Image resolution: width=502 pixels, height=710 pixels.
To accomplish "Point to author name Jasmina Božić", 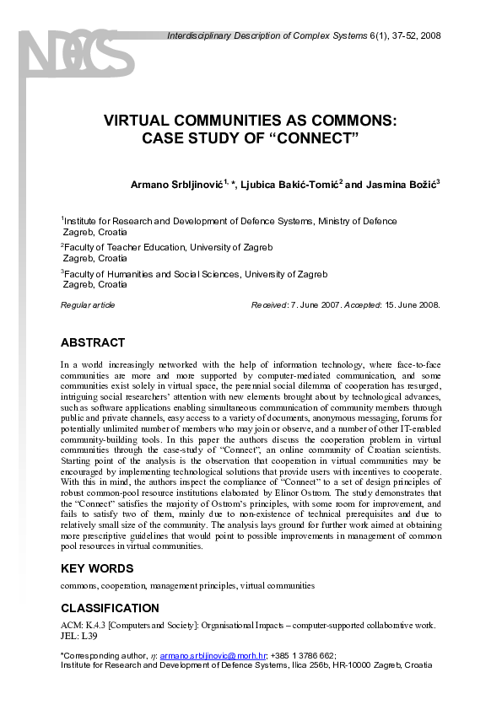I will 407,185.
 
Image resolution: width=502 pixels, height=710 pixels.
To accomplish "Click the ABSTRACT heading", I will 93,343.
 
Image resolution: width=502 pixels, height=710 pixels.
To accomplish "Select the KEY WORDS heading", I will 96,568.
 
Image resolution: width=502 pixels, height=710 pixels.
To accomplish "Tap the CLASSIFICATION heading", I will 110,608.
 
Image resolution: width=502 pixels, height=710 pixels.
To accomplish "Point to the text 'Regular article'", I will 88,305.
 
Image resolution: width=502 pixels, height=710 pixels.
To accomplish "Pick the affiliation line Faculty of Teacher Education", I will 136,248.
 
